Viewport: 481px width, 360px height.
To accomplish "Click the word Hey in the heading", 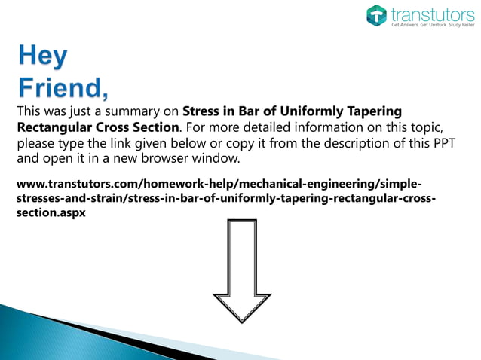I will click(42, 58).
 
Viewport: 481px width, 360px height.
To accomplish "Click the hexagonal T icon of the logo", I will click(376, 16).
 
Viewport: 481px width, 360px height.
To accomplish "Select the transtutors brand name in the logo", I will click(427, 13).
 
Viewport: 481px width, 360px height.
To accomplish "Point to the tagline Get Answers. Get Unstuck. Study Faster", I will click(431, 25).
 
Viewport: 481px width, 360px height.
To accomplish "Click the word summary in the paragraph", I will click(149, 112).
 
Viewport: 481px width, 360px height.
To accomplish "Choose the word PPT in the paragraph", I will click(440, 143).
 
